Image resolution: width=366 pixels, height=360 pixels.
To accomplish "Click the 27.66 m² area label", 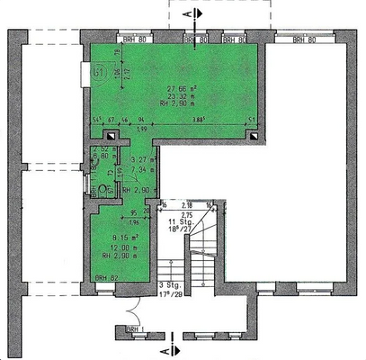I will click(183, 88).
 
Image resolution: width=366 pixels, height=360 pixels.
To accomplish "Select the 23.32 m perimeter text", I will click(183, 95).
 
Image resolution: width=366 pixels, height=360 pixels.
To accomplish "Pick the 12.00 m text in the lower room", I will click(120, 247).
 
